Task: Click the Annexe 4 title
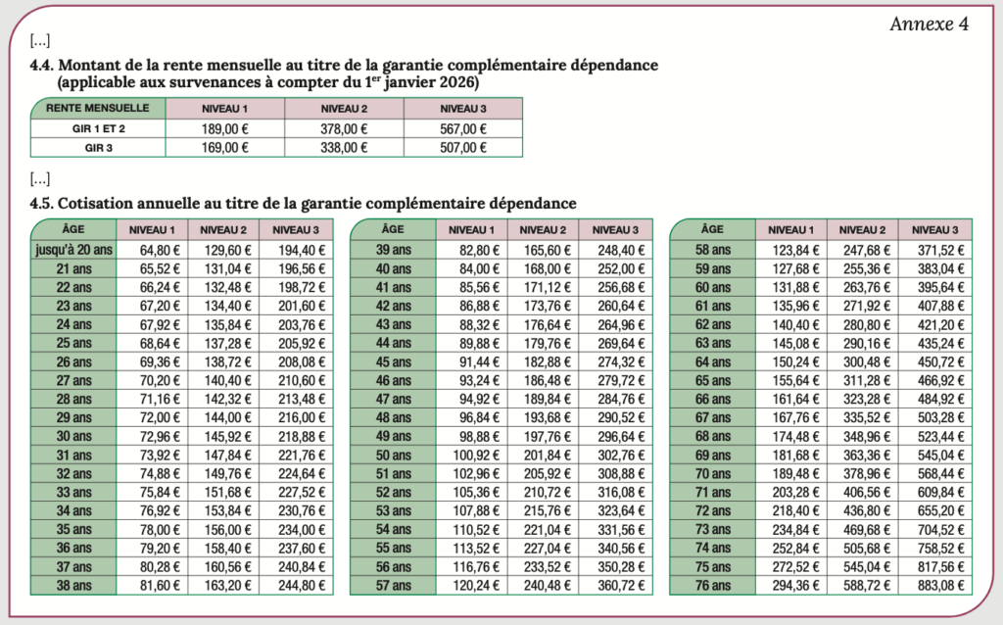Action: point(929,24)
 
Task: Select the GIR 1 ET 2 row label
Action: point(98,128)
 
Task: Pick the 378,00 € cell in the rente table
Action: point(344,128)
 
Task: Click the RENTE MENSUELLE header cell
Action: point(98,108)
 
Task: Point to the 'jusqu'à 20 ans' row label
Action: point(73,249)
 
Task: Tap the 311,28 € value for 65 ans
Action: point(862,380)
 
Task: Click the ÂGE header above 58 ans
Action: point(713,229)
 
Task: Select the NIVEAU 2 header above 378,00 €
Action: point(344,108)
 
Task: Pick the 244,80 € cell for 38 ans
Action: point(296,586)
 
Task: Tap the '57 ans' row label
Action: point(394,586)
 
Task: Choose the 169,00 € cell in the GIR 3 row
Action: point(225,148)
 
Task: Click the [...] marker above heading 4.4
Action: point(40,41)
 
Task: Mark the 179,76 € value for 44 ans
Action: point(543,343)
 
